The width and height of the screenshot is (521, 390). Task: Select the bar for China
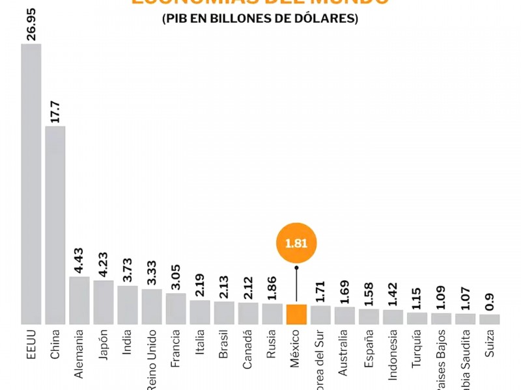click(55, 225)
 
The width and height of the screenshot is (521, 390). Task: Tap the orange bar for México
click(296, 314)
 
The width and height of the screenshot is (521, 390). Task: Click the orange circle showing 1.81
click(296, 244)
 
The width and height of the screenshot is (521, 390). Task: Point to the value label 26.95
click(31, 25)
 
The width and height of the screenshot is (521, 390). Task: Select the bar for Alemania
click(79, 300)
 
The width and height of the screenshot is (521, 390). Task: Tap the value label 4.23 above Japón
click(104, 265)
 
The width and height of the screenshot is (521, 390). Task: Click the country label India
click(128, 344)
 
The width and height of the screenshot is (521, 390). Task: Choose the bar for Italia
click(200, 312)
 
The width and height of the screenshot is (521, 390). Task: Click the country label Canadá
click(248, 352)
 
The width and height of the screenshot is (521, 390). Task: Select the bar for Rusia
click(272, 314)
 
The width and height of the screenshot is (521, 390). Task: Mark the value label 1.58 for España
click(369, 294)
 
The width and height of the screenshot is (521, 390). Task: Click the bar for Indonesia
click(393, 317)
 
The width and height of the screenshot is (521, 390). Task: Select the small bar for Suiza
click(489, 319)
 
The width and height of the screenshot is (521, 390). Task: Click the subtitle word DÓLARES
click(330, 19)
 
